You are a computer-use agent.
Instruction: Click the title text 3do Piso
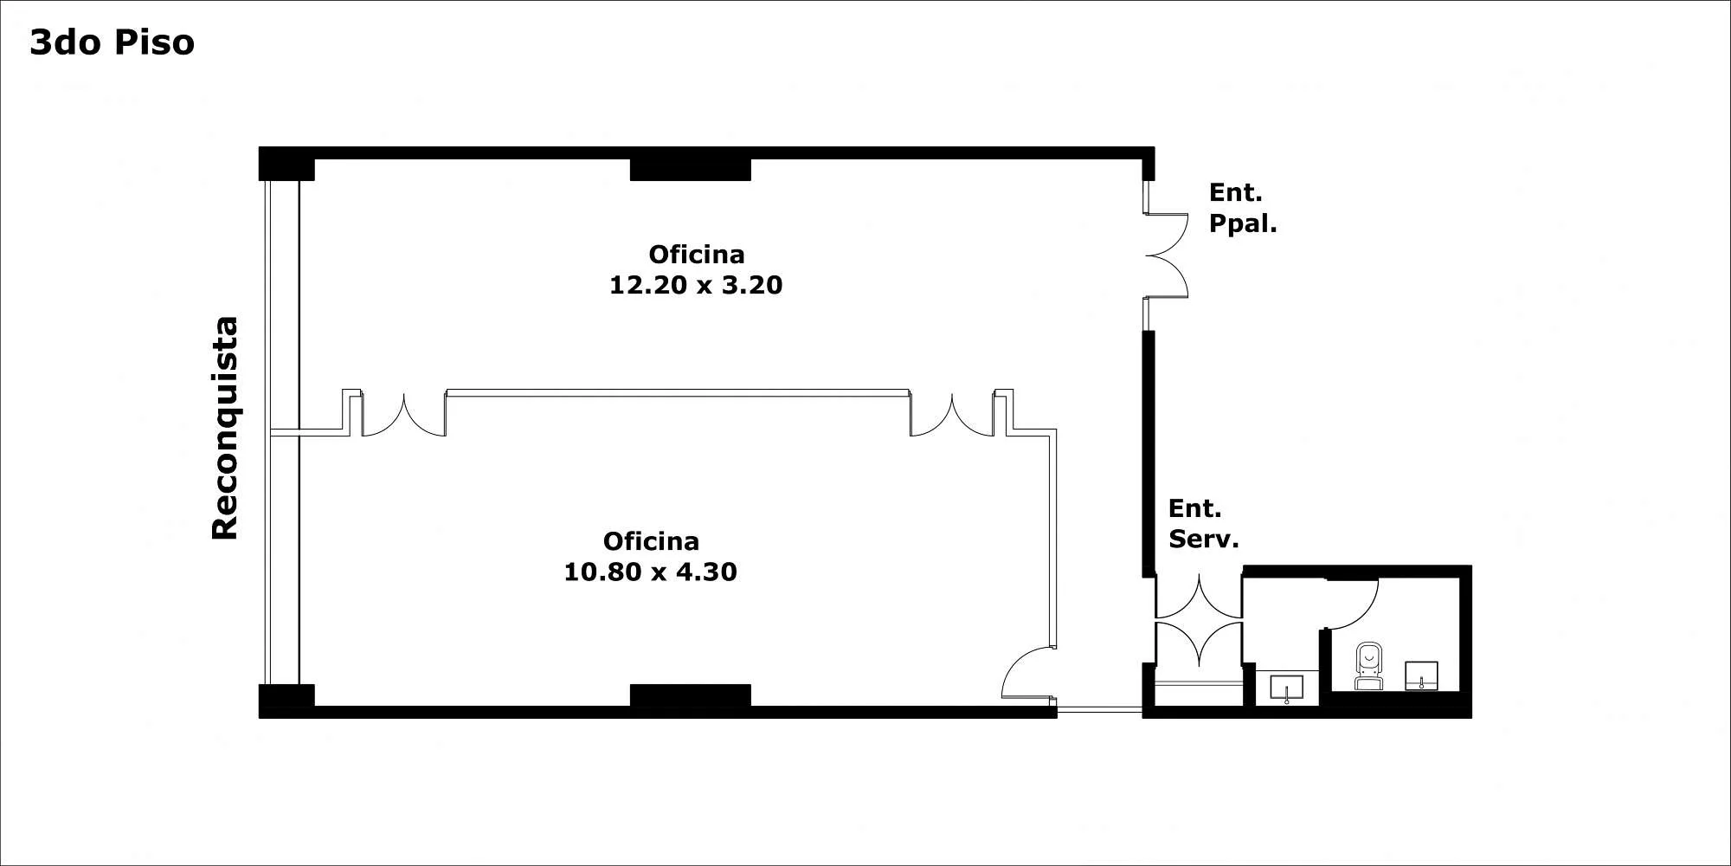tap(113, 42)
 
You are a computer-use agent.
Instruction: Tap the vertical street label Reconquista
tap(225, 428)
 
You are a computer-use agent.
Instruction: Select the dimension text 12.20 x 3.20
tap(696, 285)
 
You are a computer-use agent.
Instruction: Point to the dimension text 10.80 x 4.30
tap(650, 572)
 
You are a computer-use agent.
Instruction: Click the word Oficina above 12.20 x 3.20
tap(697, 255)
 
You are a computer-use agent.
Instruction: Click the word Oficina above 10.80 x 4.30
tap(651, 541)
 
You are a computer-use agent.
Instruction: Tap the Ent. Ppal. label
tap(1243, 208)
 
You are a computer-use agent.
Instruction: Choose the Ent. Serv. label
tap(1203, 523)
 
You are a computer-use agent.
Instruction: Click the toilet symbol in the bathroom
tap(1368, 666)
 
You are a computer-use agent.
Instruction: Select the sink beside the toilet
tap(1421, 675)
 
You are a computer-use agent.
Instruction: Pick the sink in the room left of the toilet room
tap(1287, 689)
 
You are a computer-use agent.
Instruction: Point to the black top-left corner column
tap(286, 164)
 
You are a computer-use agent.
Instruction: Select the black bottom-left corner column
tap(286, 701)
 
